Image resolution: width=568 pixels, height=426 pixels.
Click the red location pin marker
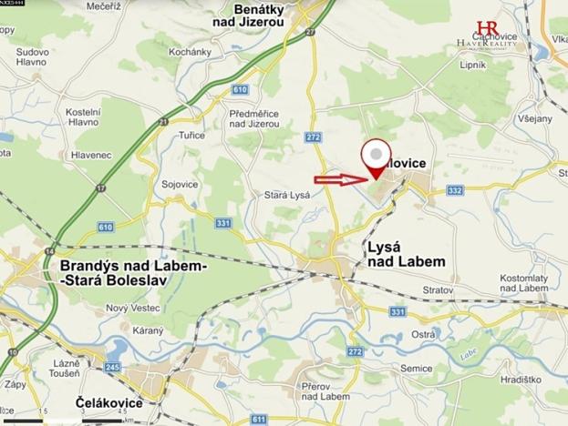tap(375, 159)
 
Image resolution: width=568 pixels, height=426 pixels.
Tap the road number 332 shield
tap(456, 189)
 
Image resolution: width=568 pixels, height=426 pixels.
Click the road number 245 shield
tap(113, 367)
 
